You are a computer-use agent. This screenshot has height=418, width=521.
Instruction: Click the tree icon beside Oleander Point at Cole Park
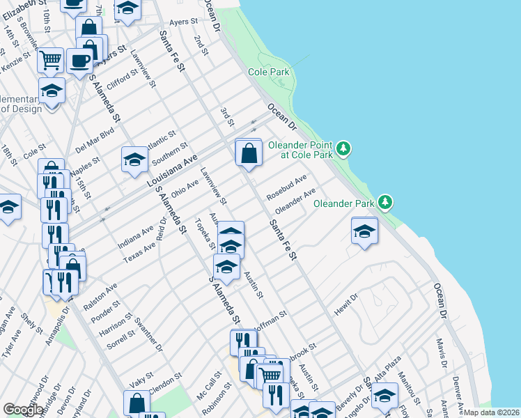[343, 148]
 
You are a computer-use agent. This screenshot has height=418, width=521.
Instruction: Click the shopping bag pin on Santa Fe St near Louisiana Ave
[249, 153]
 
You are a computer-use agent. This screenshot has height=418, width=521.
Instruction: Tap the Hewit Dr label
[345, 305]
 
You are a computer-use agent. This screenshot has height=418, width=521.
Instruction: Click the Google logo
[23, 410]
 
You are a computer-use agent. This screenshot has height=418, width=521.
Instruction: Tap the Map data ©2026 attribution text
[492, 412]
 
